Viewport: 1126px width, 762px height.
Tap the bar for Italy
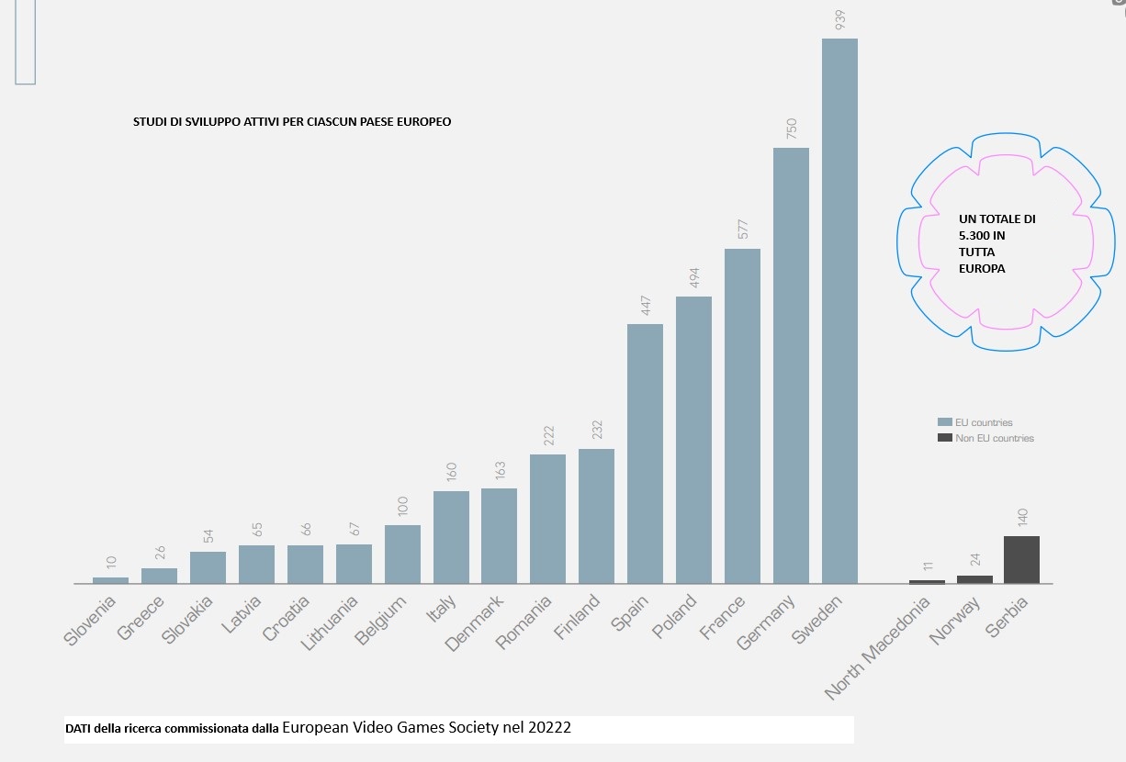(451, 537)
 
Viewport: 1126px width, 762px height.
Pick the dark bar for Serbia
(1021, 559)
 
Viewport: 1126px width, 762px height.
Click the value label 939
(839, 20)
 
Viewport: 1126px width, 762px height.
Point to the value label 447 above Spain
(645, 307)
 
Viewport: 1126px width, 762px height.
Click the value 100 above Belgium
(402, 507)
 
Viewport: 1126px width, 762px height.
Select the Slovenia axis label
(91, 621)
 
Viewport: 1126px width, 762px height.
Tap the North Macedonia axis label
(880, 646)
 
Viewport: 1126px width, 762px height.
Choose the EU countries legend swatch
(944, 422)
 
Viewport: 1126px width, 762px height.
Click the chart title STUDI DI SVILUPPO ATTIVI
(292, 121)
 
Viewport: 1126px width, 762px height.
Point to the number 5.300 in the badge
(975, 236)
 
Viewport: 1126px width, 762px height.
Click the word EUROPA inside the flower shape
(982, 269)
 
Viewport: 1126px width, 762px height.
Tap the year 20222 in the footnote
(549, 728)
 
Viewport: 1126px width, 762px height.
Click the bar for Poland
(693, 440)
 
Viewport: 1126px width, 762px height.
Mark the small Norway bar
(974, 579)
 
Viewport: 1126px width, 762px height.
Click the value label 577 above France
(742, 230)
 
